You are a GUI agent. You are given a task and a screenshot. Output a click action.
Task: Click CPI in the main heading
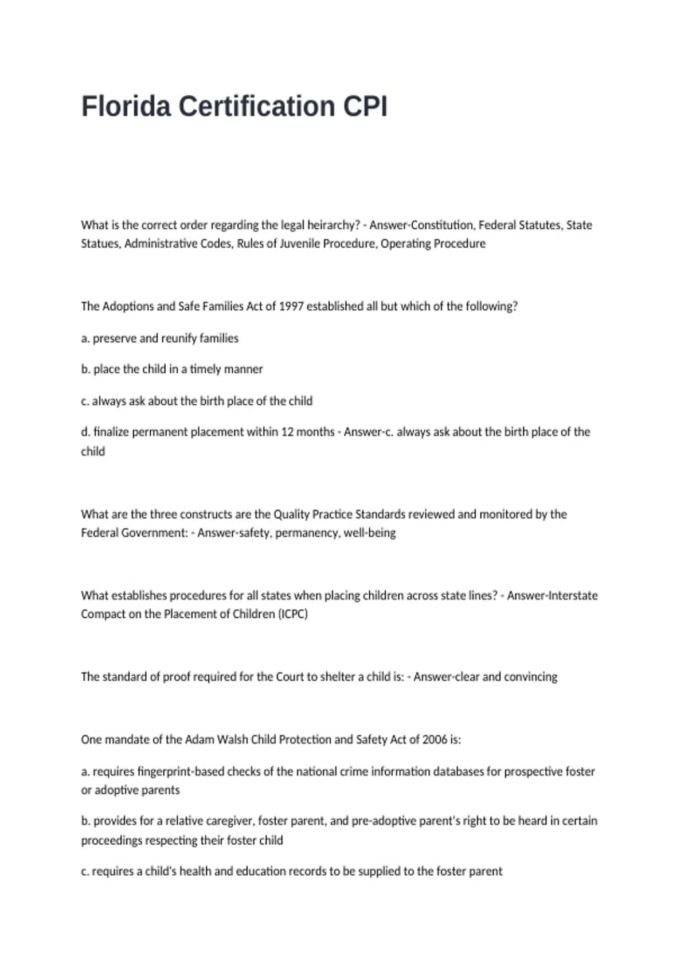pyautogui.click(x=365, y=107)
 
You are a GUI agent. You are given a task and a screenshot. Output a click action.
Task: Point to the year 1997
pyautogui.click(x=291, y=306)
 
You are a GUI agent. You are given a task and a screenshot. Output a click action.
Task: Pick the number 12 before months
pyautogui.click(x=287, y=432)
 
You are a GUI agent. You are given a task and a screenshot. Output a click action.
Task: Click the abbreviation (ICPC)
pyautogui.click(x=292, y=614)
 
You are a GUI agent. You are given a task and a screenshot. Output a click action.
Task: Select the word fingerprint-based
pyautogui.click(x=181, y=772)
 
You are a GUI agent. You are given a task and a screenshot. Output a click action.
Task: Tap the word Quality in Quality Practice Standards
pyautogui.click(x=292, y=514)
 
